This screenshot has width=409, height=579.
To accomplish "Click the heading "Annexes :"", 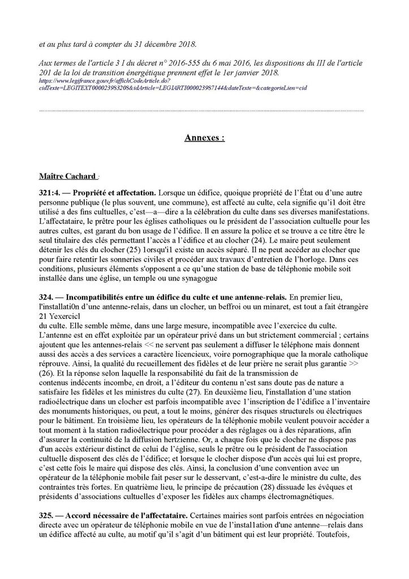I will [x=204, y=137].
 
